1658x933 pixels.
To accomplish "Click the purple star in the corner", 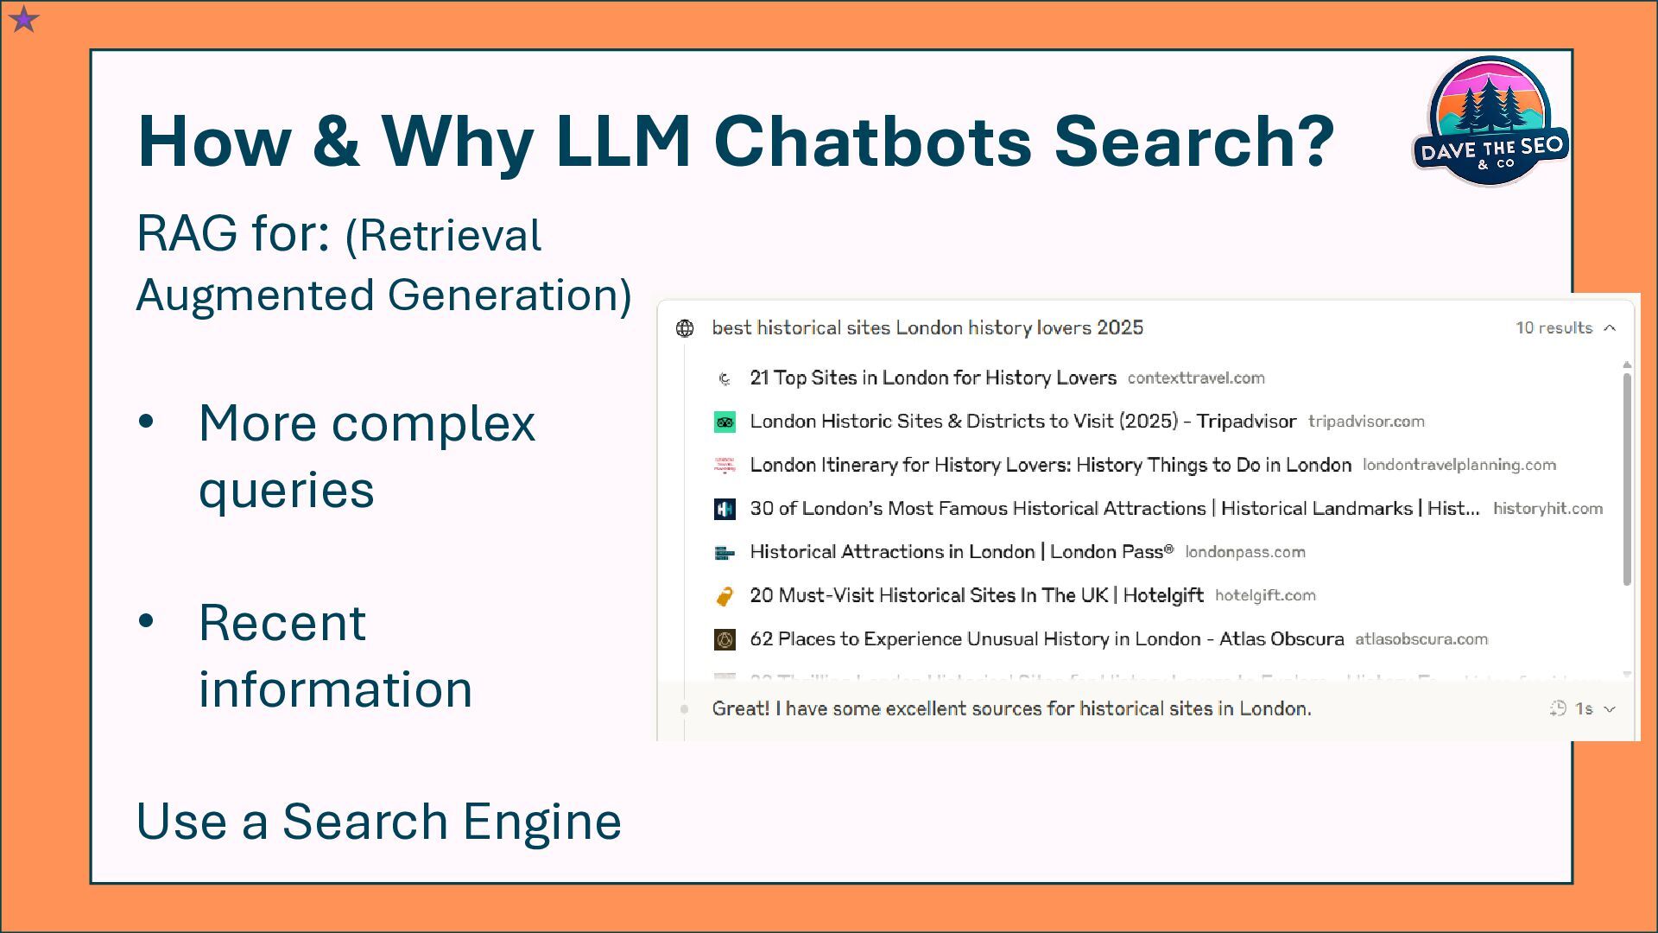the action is coord(24,18).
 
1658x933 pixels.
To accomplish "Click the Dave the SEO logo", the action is coord(1490,122).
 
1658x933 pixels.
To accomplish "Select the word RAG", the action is coord(187,233).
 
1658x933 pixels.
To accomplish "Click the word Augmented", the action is coord(255,295).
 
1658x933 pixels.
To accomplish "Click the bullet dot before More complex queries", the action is coord(146,422).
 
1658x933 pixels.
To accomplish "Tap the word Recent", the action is coord(282,622).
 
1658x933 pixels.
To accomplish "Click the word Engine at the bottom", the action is coord(541,821).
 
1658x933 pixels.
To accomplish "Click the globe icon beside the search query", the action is coord(685,328).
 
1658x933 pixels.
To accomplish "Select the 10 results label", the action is coord(1554,328).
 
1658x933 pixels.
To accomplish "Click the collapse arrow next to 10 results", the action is coord(1610,328).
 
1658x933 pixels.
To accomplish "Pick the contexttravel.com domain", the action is coord(1196,378).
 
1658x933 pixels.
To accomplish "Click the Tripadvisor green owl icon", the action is coord(725,422).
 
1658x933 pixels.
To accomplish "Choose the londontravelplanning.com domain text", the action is coord(1459,465).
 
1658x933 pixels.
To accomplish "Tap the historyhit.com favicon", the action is coord(725,510).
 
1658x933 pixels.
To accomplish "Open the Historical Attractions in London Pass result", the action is coord(961,552).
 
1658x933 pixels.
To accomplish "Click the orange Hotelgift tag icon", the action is coord(725,596).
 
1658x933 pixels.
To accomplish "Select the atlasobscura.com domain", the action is coord(1421,639).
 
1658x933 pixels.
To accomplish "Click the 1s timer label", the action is coord(1584,709).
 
